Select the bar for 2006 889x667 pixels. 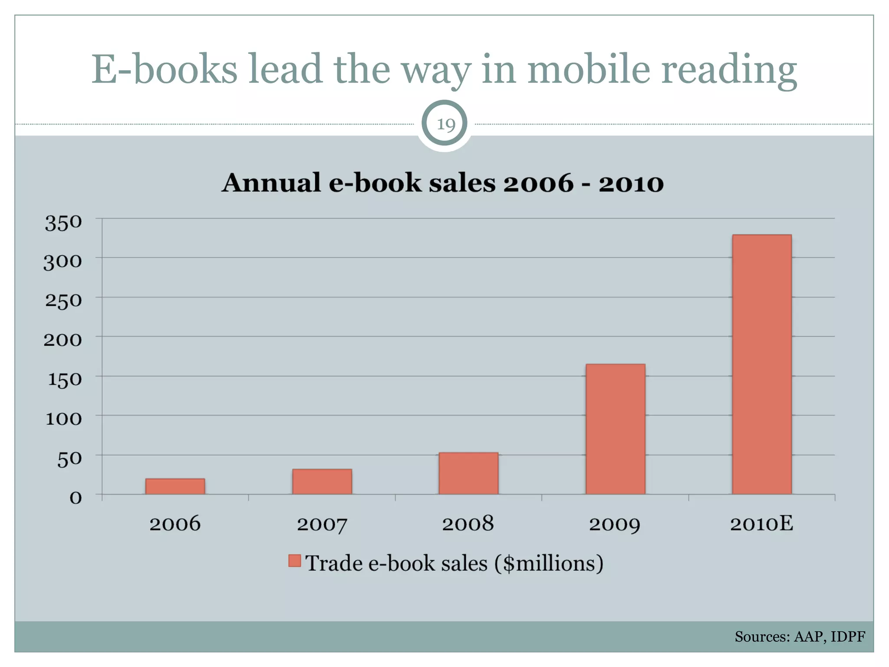click(175, 486)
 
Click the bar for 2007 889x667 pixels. click(322, 482)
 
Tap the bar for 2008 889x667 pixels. click(468, 473)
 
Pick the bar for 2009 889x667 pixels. click(615, 429)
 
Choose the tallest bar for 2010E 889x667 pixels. click(762, 364)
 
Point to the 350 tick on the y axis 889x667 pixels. click(63, 223)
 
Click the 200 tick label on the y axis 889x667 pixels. click(63, 340)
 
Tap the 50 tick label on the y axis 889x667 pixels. click(69, 459)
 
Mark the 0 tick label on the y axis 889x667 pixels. click(76, 498)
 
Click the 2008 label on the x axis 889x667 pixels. click(468, 524)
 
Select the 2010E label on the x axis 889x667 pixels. click(761, 524)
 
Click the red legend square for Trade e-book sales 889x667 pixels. click(295, 561)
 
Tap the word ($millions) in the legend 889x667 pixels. click(549, 563)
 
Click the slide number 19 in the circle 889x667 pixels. click(445, 125)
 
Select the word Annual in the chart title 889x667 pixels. click(271, 183)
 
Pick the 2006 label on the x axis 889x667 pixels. click(175, 524)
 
